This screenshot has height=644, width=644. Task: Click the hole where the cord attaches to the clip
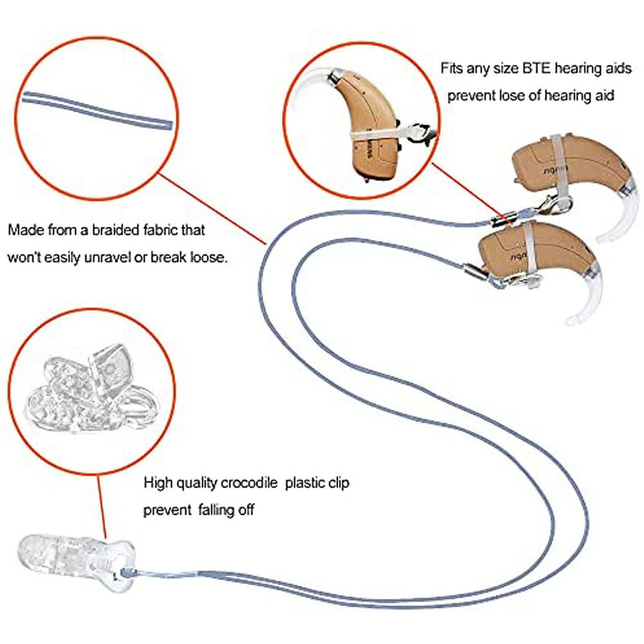coord(125,572)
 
